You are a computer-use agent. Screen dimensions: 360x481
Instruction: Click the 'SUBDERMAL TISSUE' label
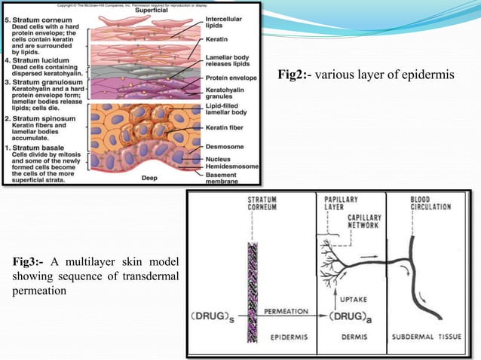430,337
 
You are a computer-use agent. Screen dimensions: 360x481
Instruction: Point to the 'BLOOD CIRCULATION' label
430,204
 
